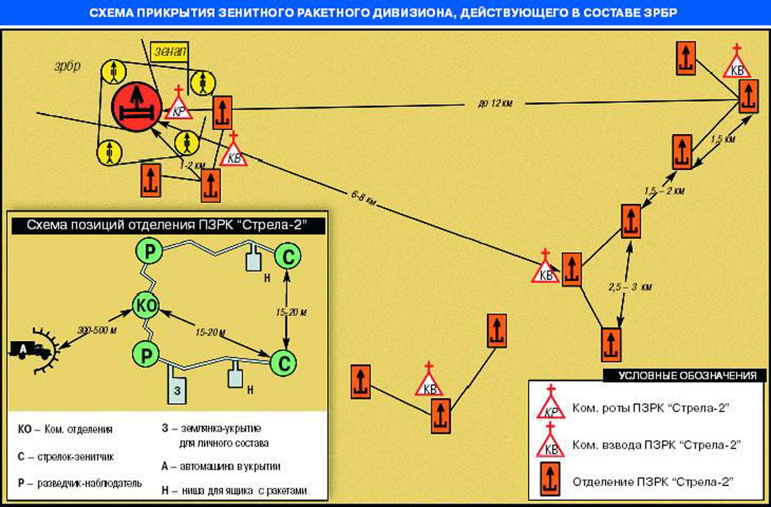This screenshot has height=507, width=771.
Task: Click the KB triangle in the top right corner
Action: coord(737,66)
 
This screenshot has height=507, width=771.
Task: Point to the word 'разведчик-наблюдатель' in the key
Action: coord(88,483)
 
